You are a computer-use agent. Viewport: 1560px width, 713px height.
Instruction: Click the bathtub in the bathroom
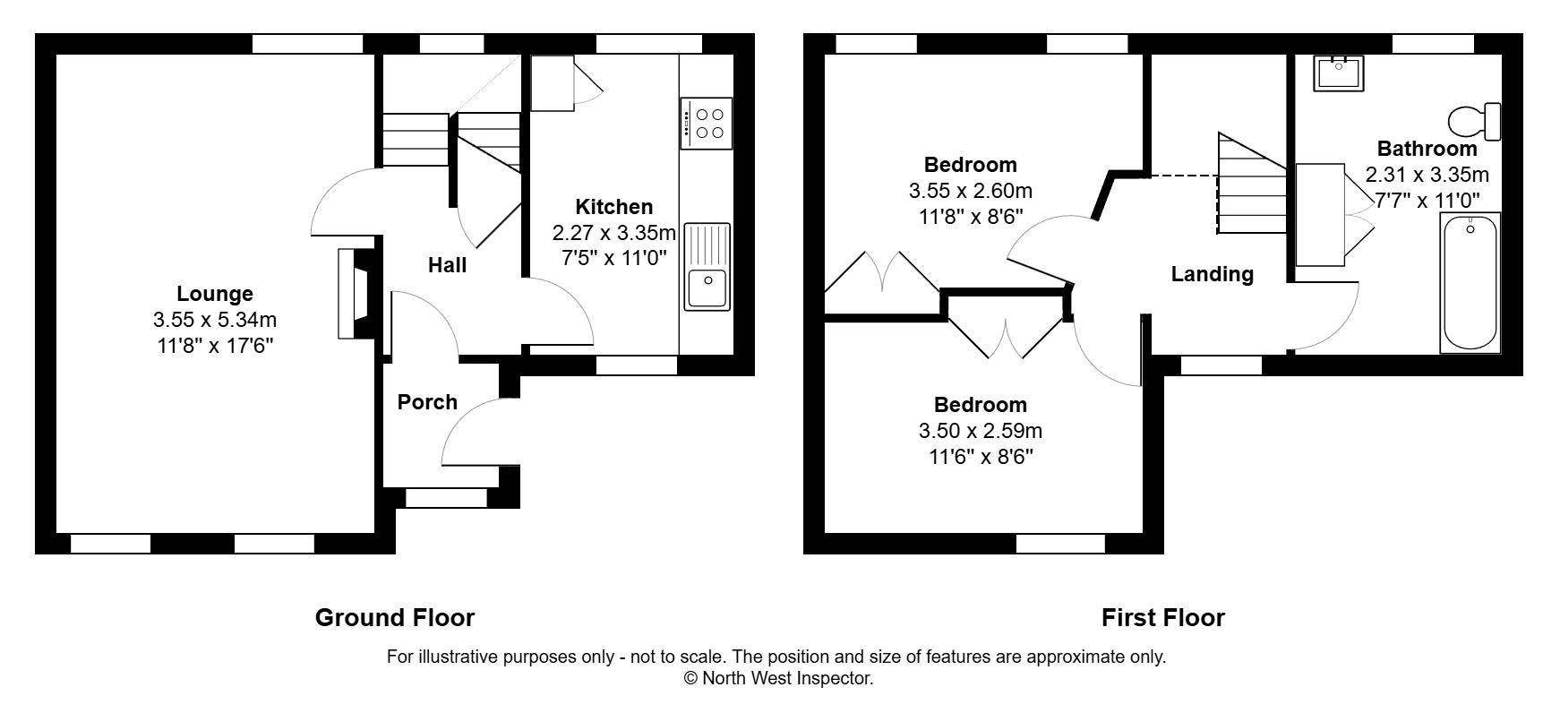click(x=1469, y=285)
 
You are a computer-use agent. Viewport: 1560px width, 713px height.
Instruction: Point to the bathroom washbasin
click(x=1339, y=72)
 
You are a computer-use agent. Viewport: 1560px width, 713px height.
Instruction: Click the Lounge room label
click(x=215, y=294)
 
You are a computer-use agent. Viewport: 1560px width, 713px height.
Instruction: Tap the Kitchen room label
click(x=613, y=207)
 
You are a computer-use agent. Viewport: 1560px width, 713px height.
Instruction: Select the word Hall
click(x=447, y=265)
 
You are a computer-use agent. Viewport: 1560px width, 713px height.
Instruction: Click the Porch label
click(x=427, y=402)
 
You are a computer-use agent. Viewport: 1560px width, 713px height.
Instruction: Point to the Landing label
click(x=1212, y=274)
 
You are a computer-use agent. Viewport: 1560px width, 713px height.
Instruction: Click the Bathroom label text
click(x=1427, y=149)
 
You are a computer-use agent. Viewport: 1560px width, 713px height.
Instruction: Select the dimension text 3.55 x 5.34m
click(x=215, y=320)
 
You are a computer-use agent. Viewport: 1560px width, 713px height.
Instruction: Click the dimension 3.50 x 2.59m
click(x=980, y=431)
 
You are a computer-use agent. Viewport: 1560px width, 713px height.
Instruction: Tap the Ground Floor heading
click(x=394, y=617)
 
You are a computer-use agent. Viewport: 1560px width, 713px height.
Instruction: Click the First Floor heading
click(x=1162, y=617)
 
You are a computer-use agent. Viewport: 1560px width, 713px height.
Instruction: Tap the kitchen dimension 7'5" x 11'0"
click(x=613, y=259)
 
